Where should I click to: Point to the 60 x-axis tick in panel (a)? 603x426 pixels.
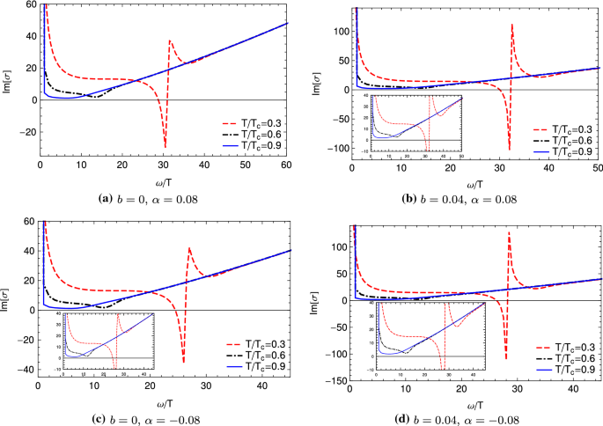288,166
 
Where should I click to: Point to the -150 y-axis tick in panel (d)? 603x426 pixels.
332,380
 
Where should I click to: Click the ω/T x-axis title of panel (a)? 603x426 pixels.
165,180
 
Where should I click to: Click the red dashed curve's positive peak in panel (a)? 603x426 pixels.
170,41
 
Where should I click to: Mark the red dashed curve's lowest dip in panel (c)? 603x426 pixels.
183,362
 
